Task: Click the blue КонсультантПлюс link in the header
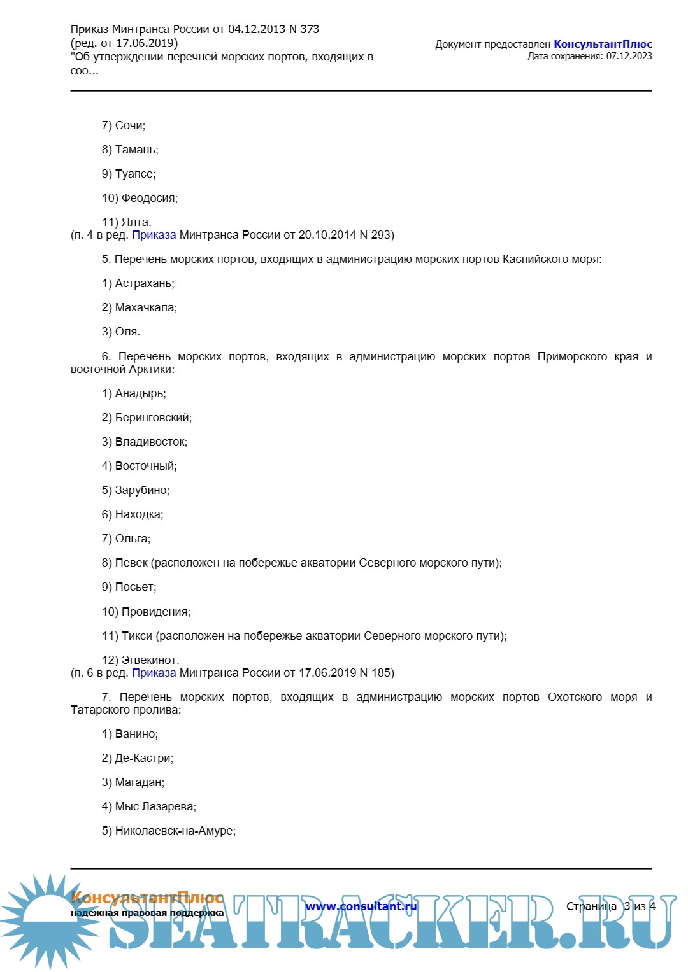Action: click(603, 45)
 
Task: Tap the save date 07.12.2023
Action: click(629, 56)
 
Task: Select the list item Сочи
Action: click(130, 126)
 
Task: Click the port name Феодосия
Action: click(149, 199)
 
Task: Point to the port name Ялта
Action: click(136, 223)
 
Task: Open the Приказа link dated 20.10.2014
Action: click(154, 236)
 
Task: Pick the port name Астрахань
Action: click(144, 284)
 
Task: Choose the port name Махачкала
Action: click(146, 308)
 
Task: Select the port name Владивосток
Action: click(151, 442)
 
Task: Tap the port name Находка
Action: click(139, 515)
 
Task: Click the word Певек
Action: click(131, 563)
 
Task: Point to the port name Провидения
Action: click(155, 612)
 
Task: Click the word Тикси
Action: click(136, 637)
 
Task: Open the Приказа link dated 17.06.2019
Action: click(154, 673)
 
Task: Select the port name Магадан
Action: click(140, 783)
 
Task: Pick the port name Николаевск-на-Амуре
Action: click(175, 831)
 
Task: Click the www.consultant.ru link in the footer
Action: click(361, 906)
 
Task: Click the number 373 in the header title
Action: click(310, 29)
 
